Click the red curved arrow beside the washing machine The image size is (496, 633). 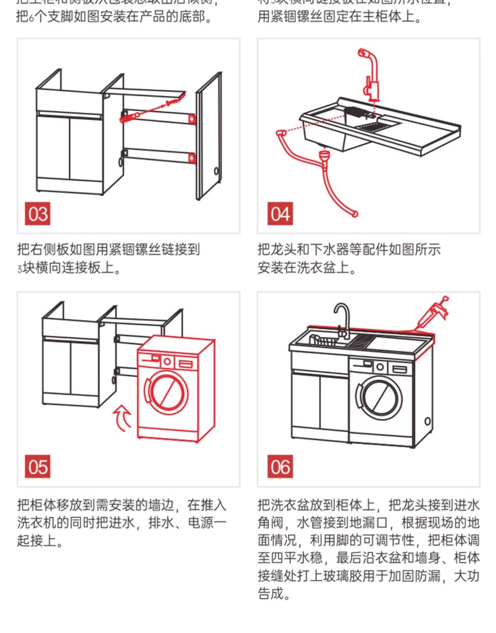tap(123, 418)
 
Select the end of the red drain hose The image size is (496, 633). tap(354, 214)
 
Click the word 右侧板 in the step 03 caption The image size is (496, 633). tap(50, 249)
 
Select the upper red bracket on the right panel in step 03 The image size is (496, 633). tap(192, 118)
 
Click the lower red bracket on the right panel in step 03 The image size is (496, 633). tap(192, 158)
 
